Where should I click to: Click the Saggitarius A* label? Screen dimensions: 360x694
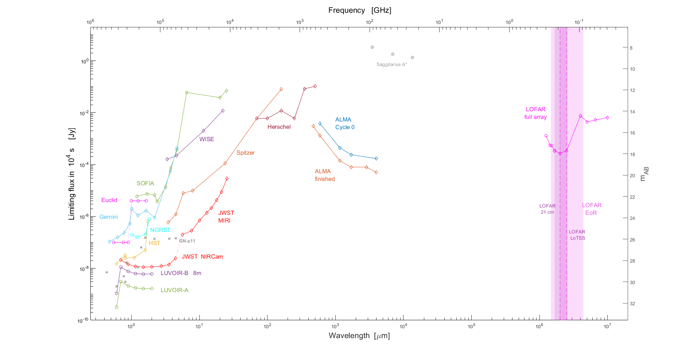click(x=391, y=65)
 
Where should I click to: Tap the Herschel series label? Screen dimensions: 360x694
click(x=279, y=127)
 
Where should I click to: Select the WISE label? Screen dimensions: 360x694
click(x=206, y=139)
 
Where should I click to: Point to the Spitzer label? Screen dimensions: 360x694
click(x=245, y=153)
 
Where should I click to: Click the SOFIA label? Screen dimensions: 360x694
click(x=145, y=183)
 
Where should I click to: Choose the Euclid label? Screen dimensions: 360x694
click(x=109, y=200)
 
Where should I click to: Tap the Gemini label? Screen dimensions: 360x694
click(x=109, y=217)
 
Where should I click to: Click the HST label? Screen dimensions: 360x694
click(x=154, y=243)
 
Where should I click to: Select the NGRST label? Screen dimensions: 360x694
click(x=160, y=230)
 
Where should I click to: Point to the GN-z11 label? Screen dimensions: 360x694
click(x=187, y=241)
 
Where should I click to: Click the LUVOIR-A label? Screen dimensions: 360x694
click(x=174, y=290)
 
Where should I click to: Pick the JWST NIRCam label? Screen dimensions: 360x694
click(x=202, y=257)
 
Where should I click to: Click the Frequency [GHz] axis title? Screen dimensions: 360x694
click(x=359, y=10)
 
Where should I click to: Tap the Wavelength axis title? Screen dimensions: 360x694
click(x=359, y=336)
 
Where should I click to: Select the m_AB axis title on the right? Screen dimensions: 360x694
click(x=644, y=174)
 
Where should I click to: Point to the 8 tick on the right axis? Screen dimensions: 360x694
click(x=631, y=48)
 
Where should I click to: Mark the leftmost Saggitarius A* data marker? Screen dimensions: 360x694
click(x=372, y=47)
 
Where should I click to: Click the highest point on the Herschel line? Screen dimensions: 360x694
click(x=315, y=86)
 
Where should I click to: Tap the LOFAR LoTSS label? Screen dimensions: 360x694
click(x=577, y=235)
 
